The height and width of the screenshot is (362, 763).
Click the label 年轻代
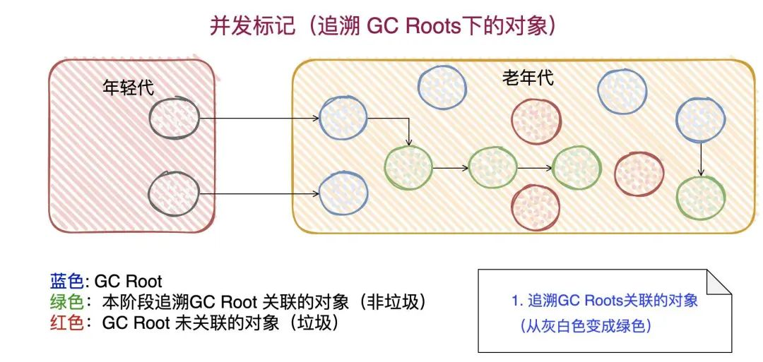pos(128,88)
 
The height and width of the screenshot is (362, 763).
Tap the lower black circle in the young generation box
pos(174,193)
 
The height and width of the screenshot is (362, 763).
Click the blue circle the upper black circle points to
pos(343,117)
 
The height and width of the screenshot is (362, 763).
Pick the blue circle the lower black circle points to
pos(343,193)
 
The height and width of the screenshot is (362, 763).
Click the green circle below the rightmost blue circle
pos(700,198)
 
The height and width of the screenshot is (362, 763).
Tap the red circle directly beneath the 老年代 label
pos(535,121)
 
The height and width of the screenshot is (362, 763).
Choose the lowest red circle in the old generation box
pos(535,208)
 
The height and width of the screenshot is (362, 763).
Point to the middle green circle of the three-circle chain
pos(492,168)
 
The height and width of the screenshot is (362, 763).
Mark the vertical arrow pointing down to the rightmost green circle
pos(700,158)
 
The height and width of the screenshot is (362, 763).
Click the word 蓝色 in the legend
pos(66,281)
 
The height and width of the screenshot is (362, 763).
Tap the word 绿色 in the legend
pos(66,302)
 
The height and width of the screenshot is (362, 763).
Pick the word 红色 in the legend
pos(66,323)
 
